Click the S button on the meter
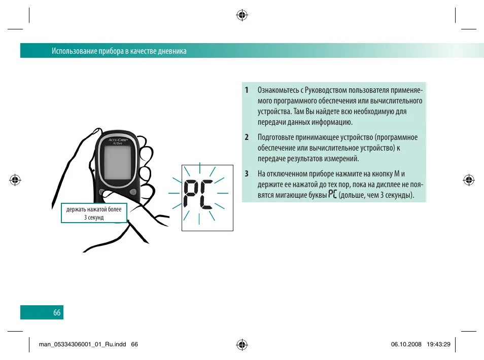click(133, 192)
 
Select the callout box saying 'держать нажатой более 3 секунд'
click(94, 213)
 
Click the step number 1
click(247, 90)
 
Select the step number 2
click(247, 137)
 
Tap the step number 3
click(247, 173)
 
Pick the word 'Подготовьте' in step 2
click(276, 137)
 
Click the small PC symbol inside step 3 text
click(332, 194)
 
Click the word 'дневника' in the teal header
click(172, 51)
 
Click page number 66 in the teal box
click(57, 313)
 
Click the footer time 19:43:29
click(439, 344)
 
